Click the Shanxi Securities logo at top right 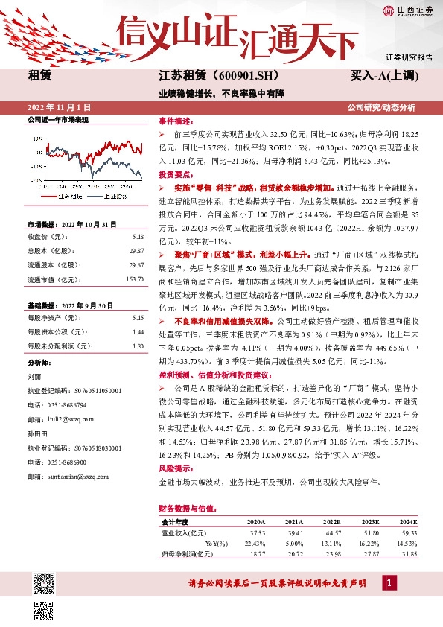408,10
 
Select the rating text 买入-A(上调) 385,75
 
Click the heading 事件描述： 175,120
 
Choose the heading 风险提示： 175,469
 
